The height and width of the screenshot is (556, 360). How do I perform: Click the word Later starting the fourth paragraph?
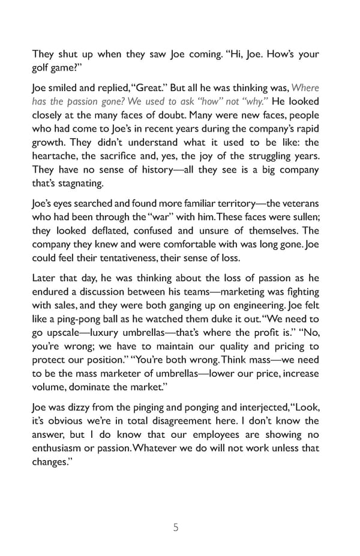[x=44, y=278]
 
